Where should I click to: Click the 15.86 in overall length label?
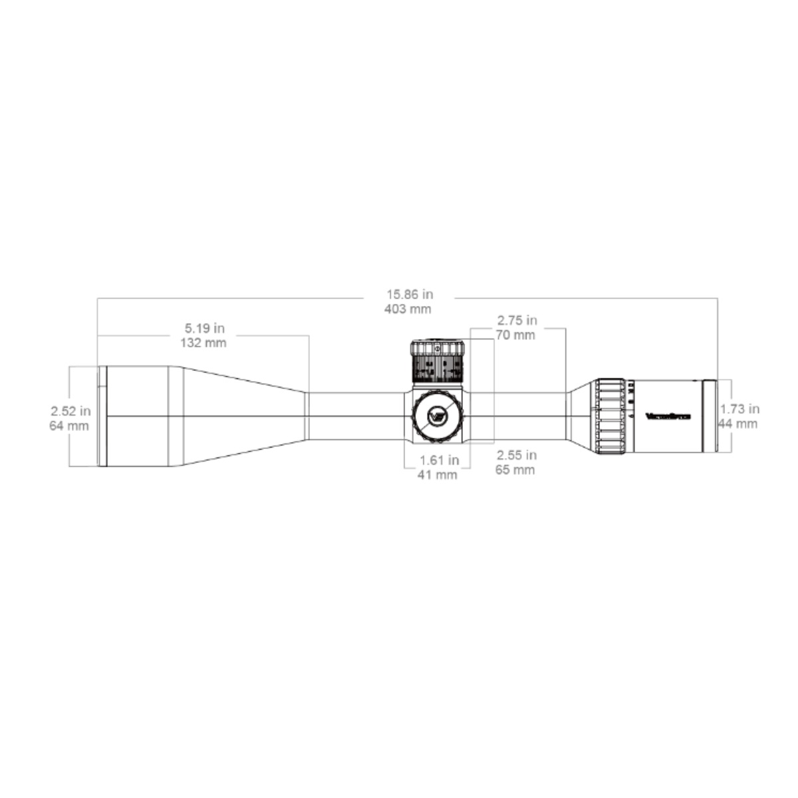click(408, 293)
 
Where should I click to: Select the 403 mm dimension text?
click(408, 309)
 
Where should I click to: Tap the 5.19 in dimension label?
click(204, 329)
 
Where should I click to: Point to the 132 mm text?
click(203, 343)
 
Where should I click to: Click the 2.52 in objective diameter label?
click(70, 411)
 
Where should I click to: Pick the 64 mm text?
click(69, 426)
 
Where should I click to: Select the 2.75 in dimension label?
click(517, 321)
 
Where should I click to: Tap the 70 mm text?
click(515, 335)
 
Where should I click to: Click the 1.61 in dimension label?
click(439, 460)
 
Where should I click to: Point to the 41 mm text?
click(437, 475)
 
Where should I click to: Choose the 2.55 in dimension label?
click(517, 456)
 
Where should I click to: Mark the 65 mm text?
click(515, 470)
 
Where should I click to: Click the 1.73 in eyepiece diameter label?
click(739, 409)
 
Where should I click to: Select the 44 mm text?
click(738, 424)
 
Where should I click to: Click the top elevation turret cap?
click(438, 348)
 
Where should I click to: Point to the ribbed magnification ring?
click(609, 417)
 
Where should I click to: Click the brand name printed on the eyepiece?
click(668, 417)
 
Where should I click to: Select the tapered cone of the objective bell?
click(239, 416)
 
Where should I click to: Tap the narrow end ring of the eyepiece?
click(710, 416)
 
